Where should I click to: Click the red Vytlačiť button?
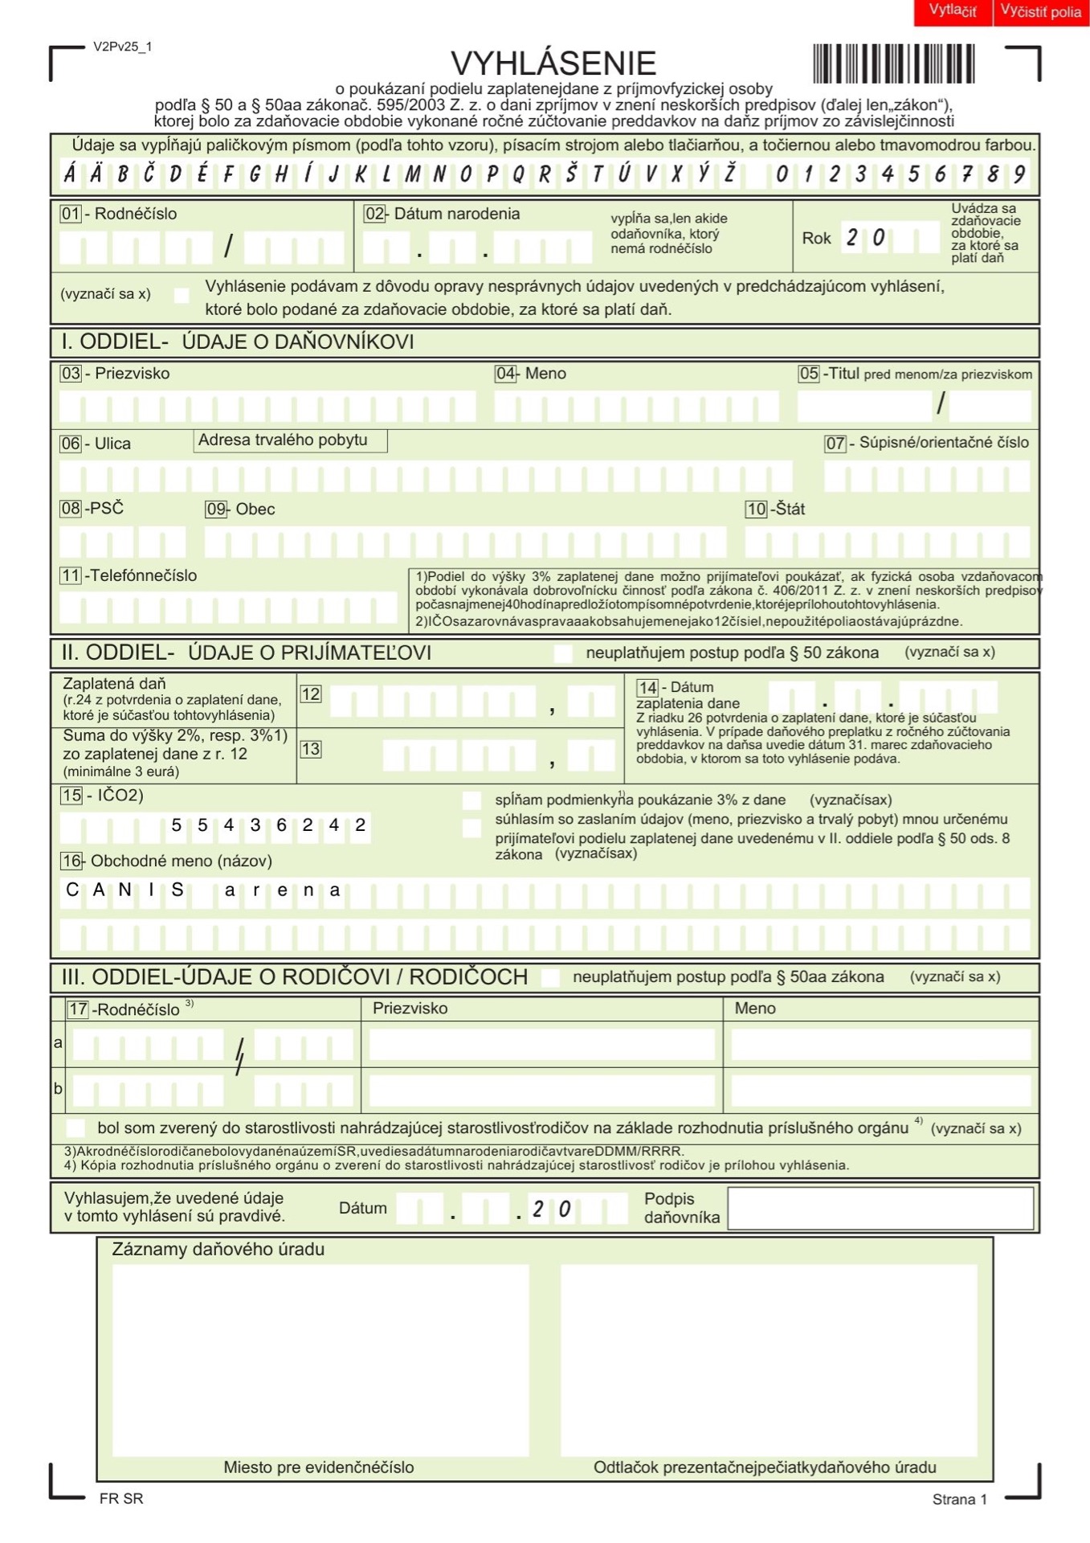[x=953, y=12]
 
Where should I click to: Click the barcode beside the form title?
[x=893, y=64]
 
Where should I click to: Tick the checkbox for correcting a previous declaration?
[x=182, y=295]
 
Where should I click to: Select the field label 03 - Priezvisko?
[x=115, y=374]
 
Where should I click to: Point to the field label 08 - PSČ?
[x=92, y=509]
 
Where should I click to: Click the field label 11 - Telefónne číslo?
[x=129, y=575]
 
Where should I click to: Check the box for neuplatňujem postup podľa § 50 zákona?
[x=564, y=653]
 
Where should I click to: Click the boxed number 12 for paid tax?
[x=311, y=694]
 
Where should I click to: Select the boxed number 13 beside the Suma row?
[x=311, y=750]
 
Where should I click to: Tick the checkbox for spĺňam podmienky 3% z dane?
[x=472, y=800]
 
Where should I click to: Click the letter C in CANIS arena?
[x=72, y=890]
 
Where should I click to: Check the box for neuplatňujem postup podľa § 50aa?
[x=551, y=978]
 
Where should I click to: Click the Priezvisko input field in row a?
[x=541, y=1045]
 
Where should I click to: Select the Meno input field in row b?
[x=880, y=1091]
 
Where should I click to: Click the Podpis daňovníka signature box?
[x=880, y=1208]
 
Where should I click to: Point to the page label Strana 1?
[x=959, y=1500]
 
